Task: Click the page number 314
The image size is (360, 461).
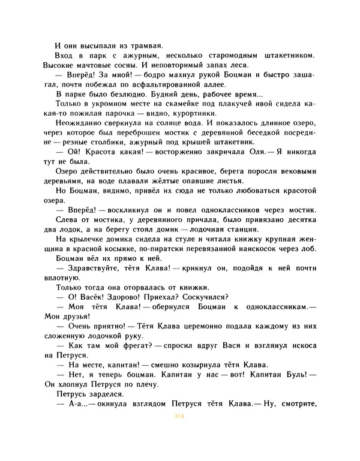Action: (179, 415)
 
